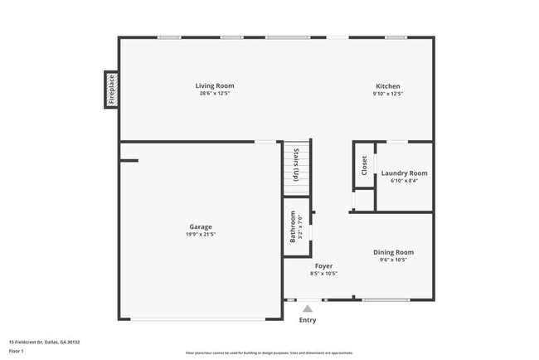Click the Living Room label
tap(214, 86)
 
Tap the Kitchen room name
tap(388, 86)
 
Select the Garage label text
tap(200, 226)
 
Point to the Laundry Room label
tap(404, 173)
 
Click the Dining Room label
tap(393, 252)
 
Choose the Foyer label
tap(323, 266)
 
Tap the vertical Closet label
tap(364, 165)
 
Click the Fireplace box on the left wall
tap(111, 90)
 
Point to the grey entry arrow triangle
tap(308, 309)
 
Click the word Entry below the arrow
tap(308, 320)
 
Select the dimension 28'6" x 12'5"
tap(214, 94)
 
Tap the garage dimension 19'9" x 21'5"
tap(200, 235)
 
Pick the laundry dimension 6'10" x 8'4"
tap(404, 181)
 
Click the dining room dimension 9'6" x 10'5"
tap(393, 260)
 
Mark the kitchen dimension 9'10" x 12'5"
tap(388, 94)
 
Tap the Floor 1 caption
tap(17, 352)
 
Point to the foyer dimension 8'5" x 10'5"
tap(323, 274)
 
